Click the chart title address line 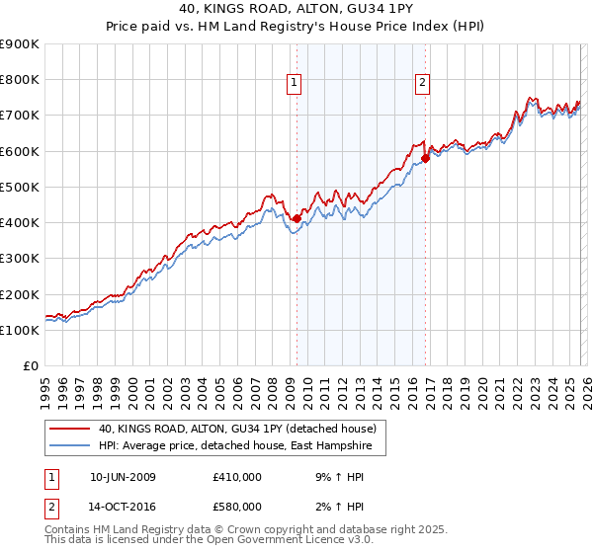tap(296, 9)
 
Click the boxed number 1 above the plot tap(295, 84)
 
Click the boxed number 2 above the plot tap(422, 84)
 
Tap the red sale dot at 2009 tap(296, 219)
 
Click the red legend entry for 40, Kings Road tap(237, 430)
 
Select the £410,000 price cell tap(237, 477)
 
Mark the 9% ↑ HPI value tap(331, 477)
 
